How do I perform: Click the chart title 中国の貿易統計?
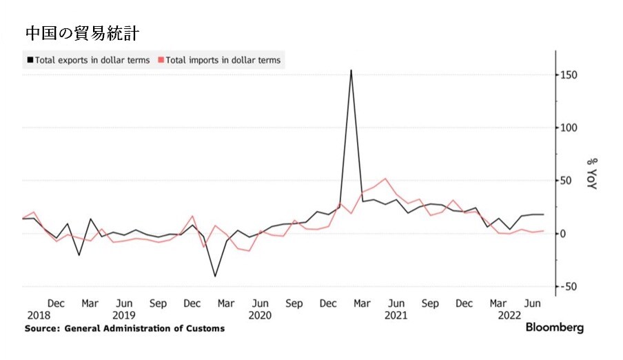(x=85, y=32)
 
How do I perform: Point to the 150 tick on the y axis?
(x=568, y=74)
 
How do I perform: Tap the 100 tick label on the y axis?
(x=568, y=128)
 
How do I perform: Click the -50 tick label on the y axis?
(x=568, y=286)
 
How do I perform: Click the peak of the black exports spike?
(x=351, y=70)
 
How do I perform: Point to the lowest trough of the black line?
(x=215, y=277)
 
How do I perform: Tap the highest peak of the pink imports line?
(x=385, y=179)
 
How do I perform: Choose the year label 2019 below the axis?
(x=123, y=315)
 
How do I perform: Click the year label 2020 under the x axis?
(x=260, y=315)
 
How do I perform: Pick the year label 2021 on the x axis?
(x=396, y=315)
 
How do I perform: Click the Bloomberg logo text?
(x=554, y=328)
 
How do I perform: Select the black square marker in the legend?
(x=29, y=60)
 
